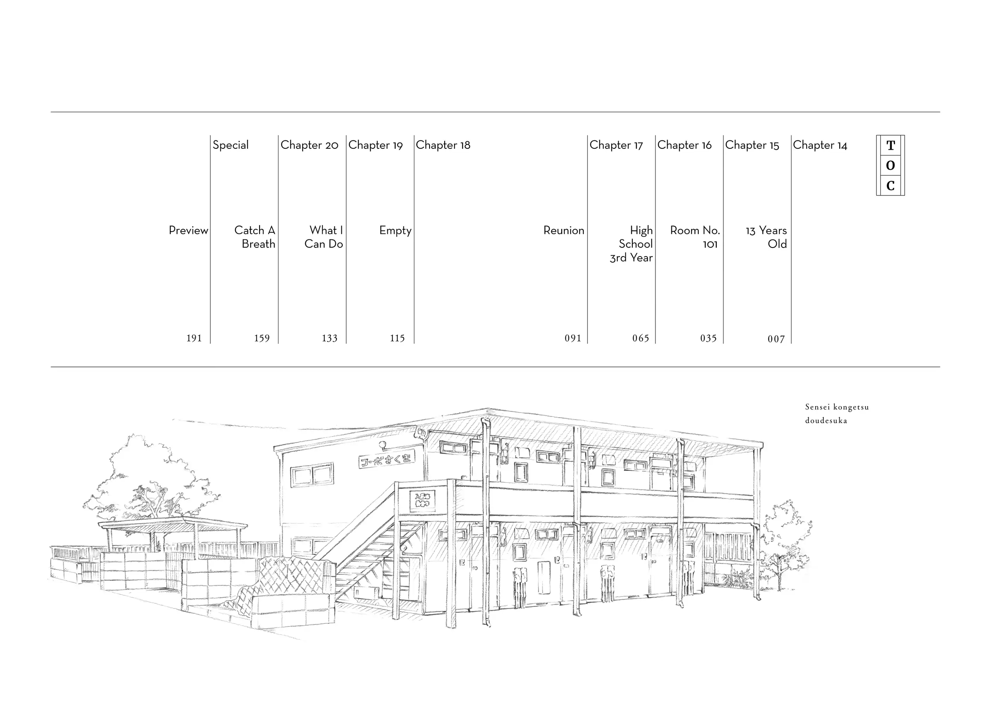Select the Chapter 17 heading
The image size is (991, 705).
point(616,145)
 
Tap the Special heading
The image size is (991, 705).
point(230,145)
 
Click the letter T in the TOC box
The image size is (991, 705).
point(890,145)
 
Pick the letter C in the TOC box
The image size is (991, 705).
point(890,186)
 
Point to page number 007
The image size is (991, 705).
point(776,339)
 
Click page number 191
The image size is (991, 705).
point(194,338)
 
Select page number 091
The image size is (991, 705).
point(573,338)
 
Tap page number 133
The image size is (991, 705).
point(329,338)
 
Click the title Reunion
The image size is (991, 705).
point(563,230)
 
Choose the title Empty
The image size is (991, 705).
point(395,230)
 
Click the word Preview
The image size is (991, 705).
point(188,230)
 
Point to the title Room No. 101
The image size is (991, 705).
point(695,237)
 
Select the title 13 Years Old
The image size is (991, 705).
point(766,237)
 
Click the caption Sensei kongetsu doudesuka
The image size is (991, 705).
point(837,414)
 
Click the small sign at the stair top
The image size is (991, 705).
point(422,501)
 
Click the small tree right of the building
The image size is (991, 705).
point(783,543)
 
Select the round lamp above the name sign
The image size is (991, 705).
point(383,445)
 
